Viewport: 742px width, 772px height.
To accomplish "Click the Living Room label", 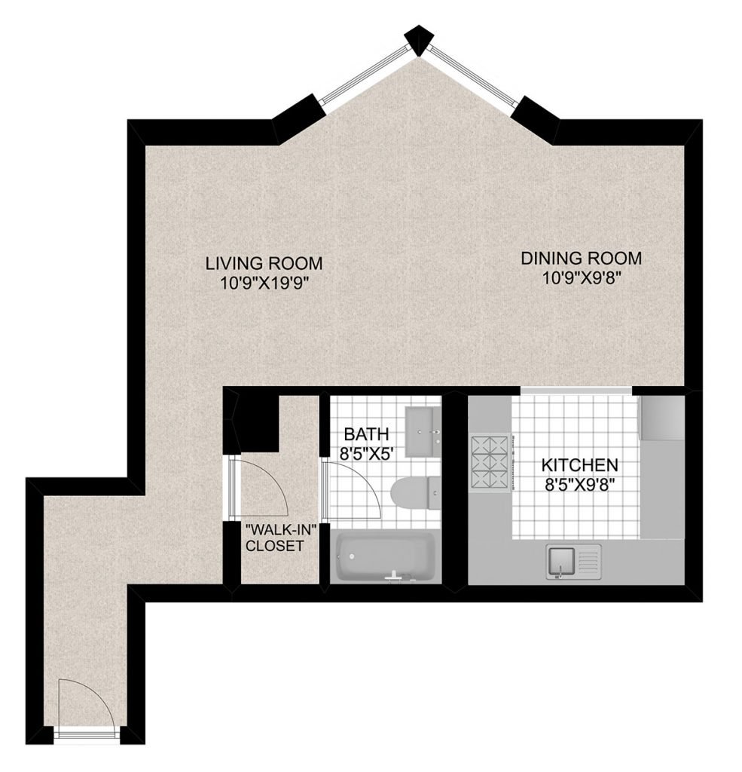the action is click(x=264, y=263).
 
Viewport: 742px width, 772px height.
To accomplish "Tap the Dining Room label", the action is click(x=581, y=258).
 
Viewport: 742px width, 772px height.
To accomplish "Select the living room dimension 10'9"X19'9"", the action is click(x=264, y=283).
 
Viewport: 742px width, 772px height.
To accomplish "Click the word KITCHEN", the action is click(x=579, y=464).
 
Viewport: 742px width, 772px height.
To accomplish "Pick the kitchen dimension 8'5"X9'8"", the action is click(x=579, y=484).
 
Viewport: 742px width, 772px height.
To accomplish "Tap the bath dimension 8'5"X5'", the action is click(x=366, y=453).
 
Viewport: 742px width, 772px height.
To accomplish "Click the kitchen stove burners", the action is click(x=490, y=463).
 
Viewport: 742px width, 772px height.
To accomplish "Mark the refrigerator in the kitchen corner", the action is click(x=661, y=418).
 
